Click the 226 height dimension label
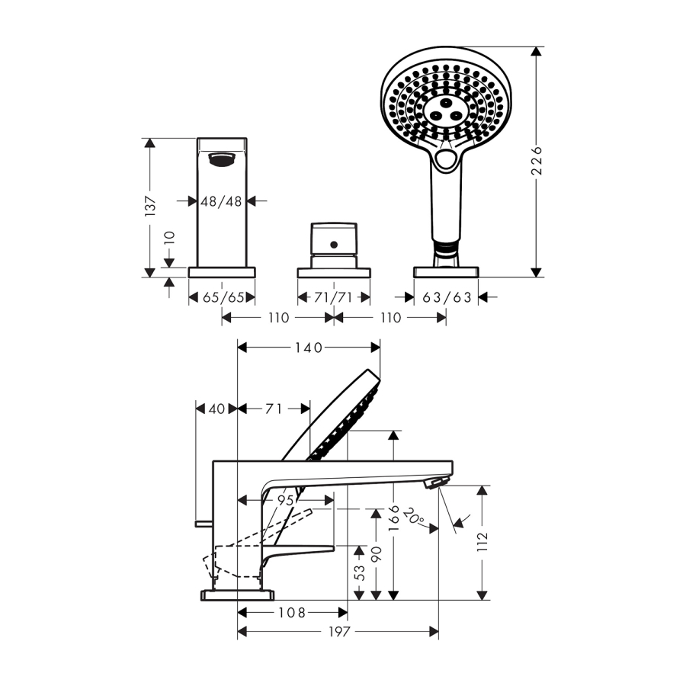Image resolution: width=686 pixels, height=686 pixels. (x=537, y=161)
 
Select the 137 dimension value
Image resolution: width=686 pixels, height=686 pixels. (x=150, y=207)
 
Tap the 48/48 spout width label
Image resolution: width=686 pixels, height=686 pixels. (x=221, y=201)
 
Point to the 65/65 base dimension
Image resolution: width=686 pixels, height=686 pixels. (x=223, y=297)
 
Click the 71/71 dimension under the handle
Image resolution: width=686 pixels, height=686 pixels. (x=333, y=297)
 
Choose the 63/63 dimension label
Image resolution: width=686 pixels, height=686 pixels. (x=447, y=297)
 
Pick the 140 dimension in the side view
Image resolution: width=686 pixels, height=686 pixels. (x=309, y=348)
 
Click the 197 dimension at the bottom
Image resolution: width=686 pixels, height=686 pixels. (x=339, y=631)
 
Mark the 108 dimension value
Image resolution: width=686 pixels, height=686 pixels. (x=292, y=613)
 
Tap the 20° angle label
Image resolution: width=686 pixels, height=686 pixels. (x=413, y=517)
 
